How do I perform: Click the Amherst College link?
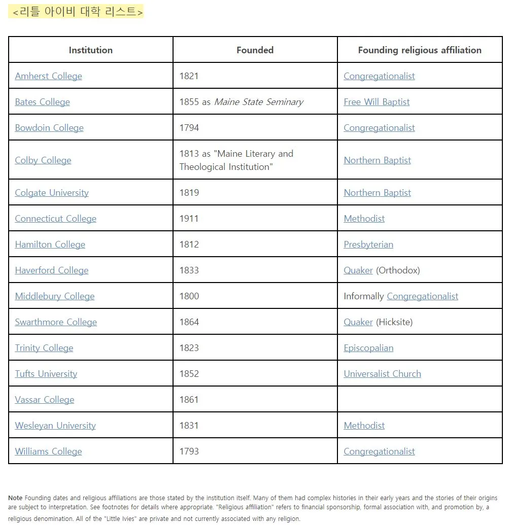pyautogui.click(x=48, y=76)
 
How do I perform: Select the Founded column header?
pyautogui.click(x=255, y=50)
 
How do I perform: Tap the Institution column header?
pyautogui.click(x=90, y=50)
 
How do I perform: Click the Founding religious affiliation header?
pyautogui.click(x=419, y=50)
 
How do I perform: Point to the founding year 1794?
pyautogui.click(x=189, y=128)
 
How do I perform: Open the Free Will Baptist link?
pyautogui.click(x=377, y=102)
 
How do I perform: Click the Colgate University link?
pyautogui.click(x=52, y=193)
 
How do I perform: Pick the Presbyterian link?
pyautogui.click(x=368, y=244)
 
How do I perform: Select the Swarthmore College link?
pyautogui.click(x=56, y=322)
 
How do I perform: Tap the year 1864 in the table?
pyautogui.click(x=189, y=322)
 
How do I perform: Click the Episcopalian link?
pyautogui.click(x=368, y=348)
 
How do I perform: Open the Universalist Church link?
pyautogui.click(x=382, y=374)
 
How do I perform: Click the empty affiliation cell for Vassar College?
pyautogui.click(x=419, y=400)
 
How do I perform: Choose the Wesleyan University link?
pyautogui.click(x=55, y=426)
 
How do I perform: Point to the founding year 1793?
pyautogui.click(x=189, y=451)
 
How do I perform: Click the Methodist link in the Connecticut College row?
pyautogui.click(x=364, y=219)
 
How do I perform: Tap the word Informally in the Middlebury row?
pyautogui.click(x=363, y=296)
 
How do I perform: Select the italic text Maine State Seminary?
pyautogui.click(x=258, y=102)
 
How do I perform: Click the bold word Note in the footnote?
pyautogui.click(x=15, y=498)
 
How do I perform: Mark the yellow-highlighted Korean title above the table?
pyautogui.click(x=76, y=12)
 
